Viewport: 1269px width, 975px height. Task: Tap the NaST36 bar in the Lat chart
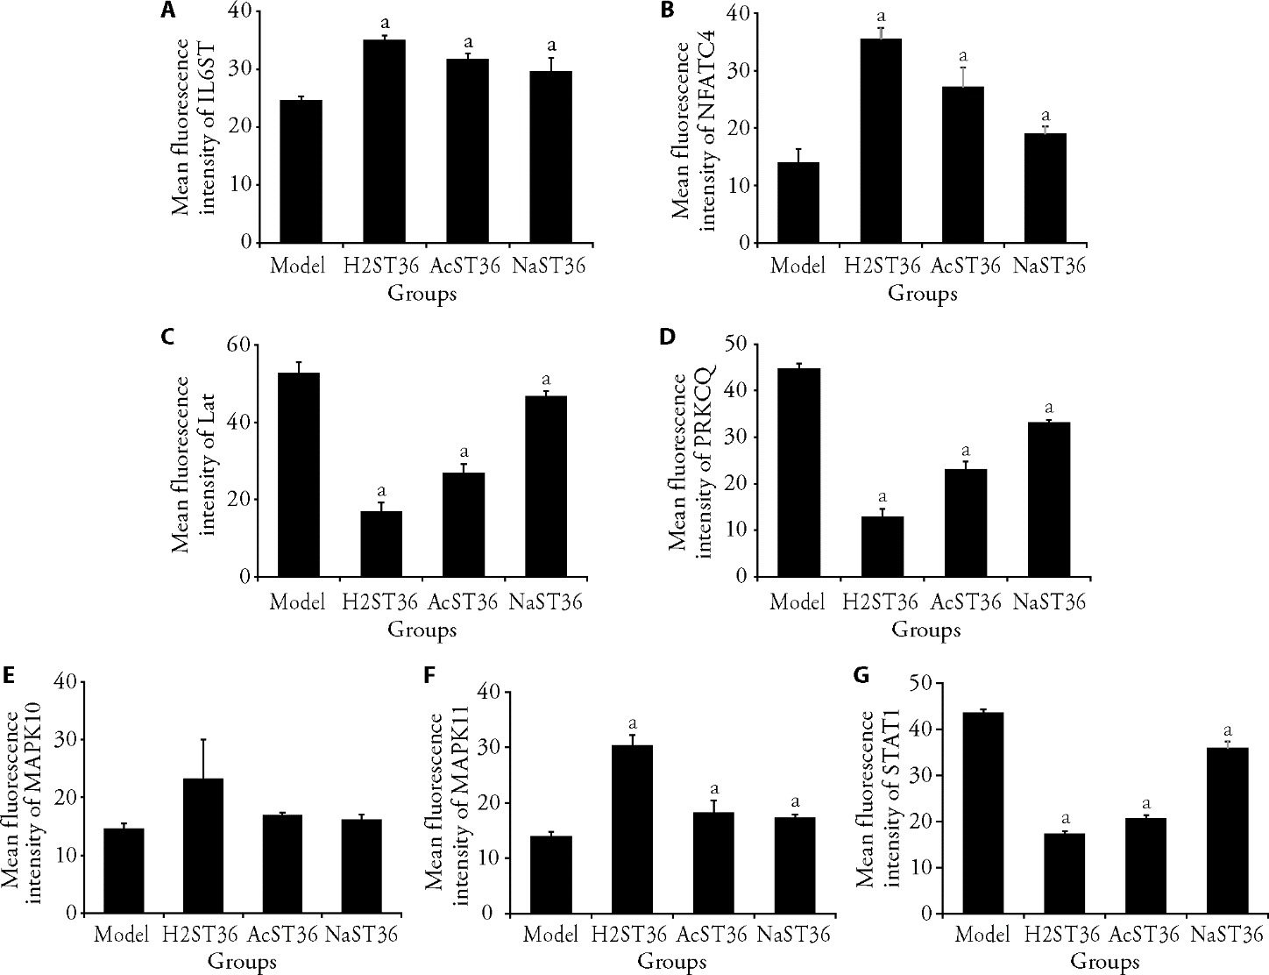545,487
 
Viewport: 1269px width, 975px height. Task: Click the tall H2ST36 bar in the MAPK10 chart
203,845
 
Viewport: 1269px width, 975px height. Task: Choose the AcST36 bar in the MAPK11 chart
712,863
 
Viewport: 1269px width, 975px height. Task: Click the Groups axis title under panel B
922,295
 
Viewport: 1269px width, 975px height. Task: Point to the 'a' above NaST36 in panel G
1228,730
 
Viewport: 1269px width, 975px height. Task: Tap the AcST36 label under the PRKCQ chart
965,603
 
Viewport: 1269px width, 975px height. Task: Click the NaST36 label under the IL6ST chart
549,266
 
